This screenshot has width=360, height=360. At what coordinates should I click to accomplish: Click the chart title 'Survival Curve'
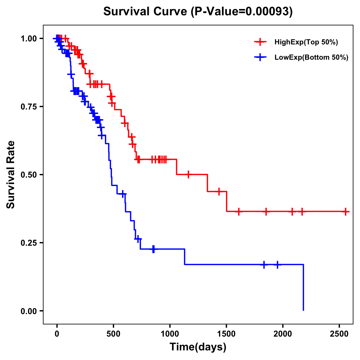pos(146,12)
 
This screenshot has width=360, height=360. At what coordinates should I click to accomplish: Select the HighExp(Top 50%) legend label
pos(306,42)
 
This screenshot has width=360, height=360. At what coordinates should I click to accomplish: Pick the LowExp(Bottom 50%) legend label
pos(311,58)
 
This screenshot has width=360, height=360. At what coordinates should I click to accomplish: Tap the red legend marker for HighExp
pos(260,42)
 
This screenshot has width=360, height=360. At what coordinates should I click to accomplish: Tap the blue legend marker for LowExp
pos(260,57)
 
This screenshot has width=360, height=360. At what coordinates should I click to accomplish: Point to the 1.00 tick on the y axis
pos(28,39)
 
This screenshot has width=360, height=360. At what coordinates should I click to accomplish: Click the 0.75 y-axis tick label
pos(28,107)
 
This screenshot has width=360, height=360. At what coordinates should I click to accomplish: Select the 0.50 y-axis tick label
pos(28,175)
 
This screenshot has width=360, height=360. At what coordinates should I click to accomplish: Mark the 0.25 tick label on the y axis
pos(28,243)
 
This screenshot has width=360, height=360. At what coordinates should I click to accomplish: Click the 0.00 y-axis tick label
pos(28,311)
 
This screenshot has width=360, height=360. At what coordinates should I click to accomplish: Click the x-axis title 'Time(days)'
pos(198,347)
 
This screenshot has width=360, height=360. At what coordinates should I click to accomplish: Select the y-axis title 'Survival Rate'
pos(11,175)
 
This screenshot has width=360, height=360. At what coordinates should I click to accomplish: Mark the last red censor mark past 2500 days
pos(346,211)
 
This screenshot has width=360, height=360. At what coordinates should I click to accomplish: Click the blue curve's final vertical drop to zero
pos(303,288)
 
